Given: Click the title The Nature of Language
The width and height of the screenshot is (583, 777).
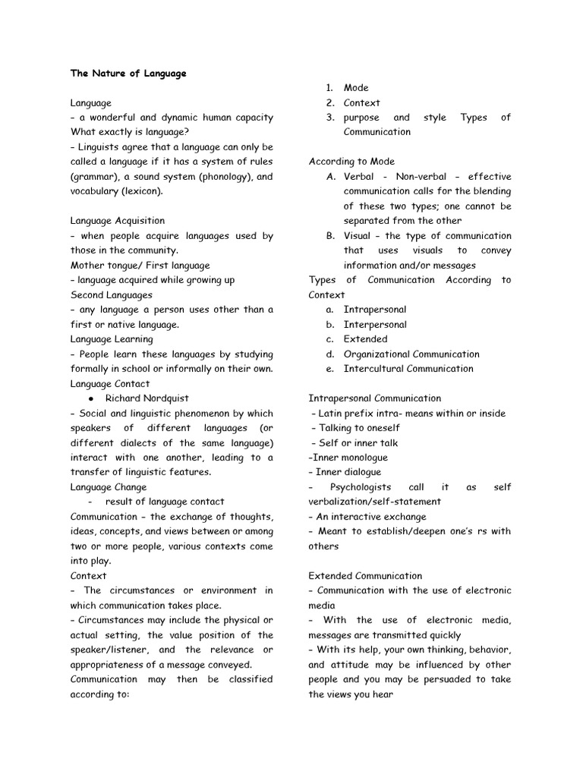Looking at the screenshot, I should click(128, 74).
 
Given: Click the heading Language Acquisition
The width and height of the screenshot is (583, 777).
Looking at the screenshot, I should click(118, 221).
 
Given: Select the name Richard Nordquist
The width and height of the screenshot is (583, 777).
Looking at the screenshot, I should click(147, 398).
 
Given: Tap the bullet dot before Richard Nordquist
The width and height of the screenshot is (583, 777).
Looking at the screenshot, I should click(90, 398).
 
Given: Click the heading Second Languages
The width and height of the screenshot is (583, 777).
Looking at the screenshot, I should click(112, 295).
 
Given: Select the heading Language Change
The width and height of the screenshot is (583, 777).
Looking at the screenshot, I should click(109, 487).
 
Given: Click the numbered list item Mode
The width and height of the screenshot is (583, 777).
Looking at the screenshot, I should click(356, 88).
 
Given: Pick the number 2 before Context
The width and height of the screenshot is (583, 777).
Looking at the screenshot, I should click(330, 103).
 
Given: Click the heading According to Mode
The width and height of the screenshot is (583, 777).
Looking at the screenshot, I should click(351, 162).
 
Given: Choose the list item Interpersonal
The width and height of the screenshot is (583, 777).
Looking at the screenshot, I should click(375, 325).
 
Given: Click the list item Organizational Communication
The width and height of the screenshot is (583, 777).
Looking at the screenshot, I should click(411, 354).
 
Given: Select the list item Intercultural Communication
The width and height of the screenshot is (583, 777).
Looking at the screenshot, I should click(408, 369).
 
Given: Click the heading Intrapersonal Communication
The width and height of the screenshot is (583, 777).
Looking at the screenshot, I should click(374, 398).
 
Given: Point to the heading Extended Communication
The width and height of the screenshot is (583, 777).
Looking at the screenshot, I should click(365, 576).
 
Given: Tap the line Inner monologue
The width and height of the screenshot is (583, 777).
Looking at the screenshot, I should click(349, 458).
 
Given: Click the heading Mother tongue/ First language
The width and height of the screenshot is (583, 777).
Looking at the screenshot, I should click(140, 266).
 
